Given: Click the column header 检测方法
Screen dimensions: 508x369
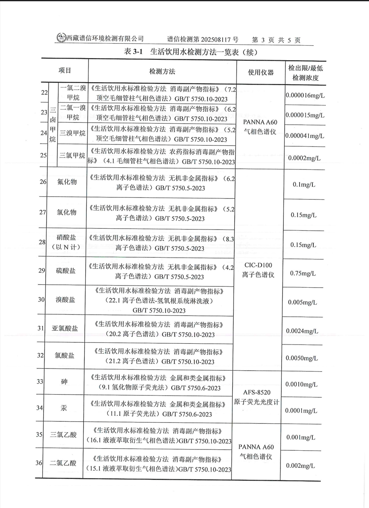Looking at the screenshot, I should click(162, 71).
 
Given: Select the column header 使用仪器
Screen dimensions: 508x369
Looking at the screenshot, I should click(261, 72).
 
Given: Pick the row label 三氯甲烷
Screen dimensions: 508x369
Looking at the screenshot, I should click(73, 156).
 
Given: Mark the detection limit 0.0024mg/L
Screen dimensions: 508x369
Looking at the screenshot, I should click(305, 331).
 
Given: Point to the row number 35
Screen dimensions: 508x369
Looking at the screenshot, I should click(40, 435).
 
